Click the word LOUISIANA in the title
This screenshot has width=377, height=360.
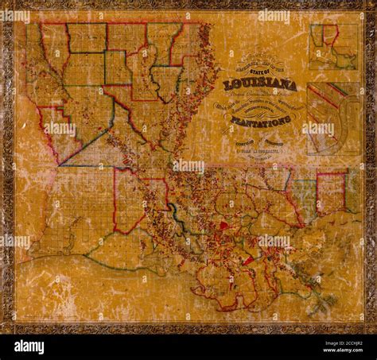click(260, 84)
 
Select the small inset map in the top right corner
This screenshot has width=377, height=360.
click(332, 46)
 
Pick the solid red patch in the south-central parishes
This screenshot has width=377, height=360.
click(223, 226)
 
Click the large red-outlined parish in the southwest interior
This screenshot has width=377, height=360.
click(131, 199)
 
